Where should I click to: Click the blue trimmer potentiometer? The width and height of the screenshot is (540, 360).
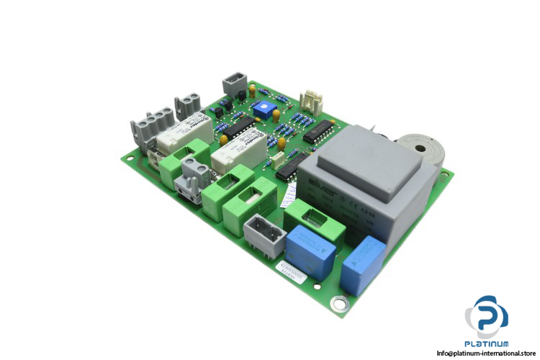pos(259,107)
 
